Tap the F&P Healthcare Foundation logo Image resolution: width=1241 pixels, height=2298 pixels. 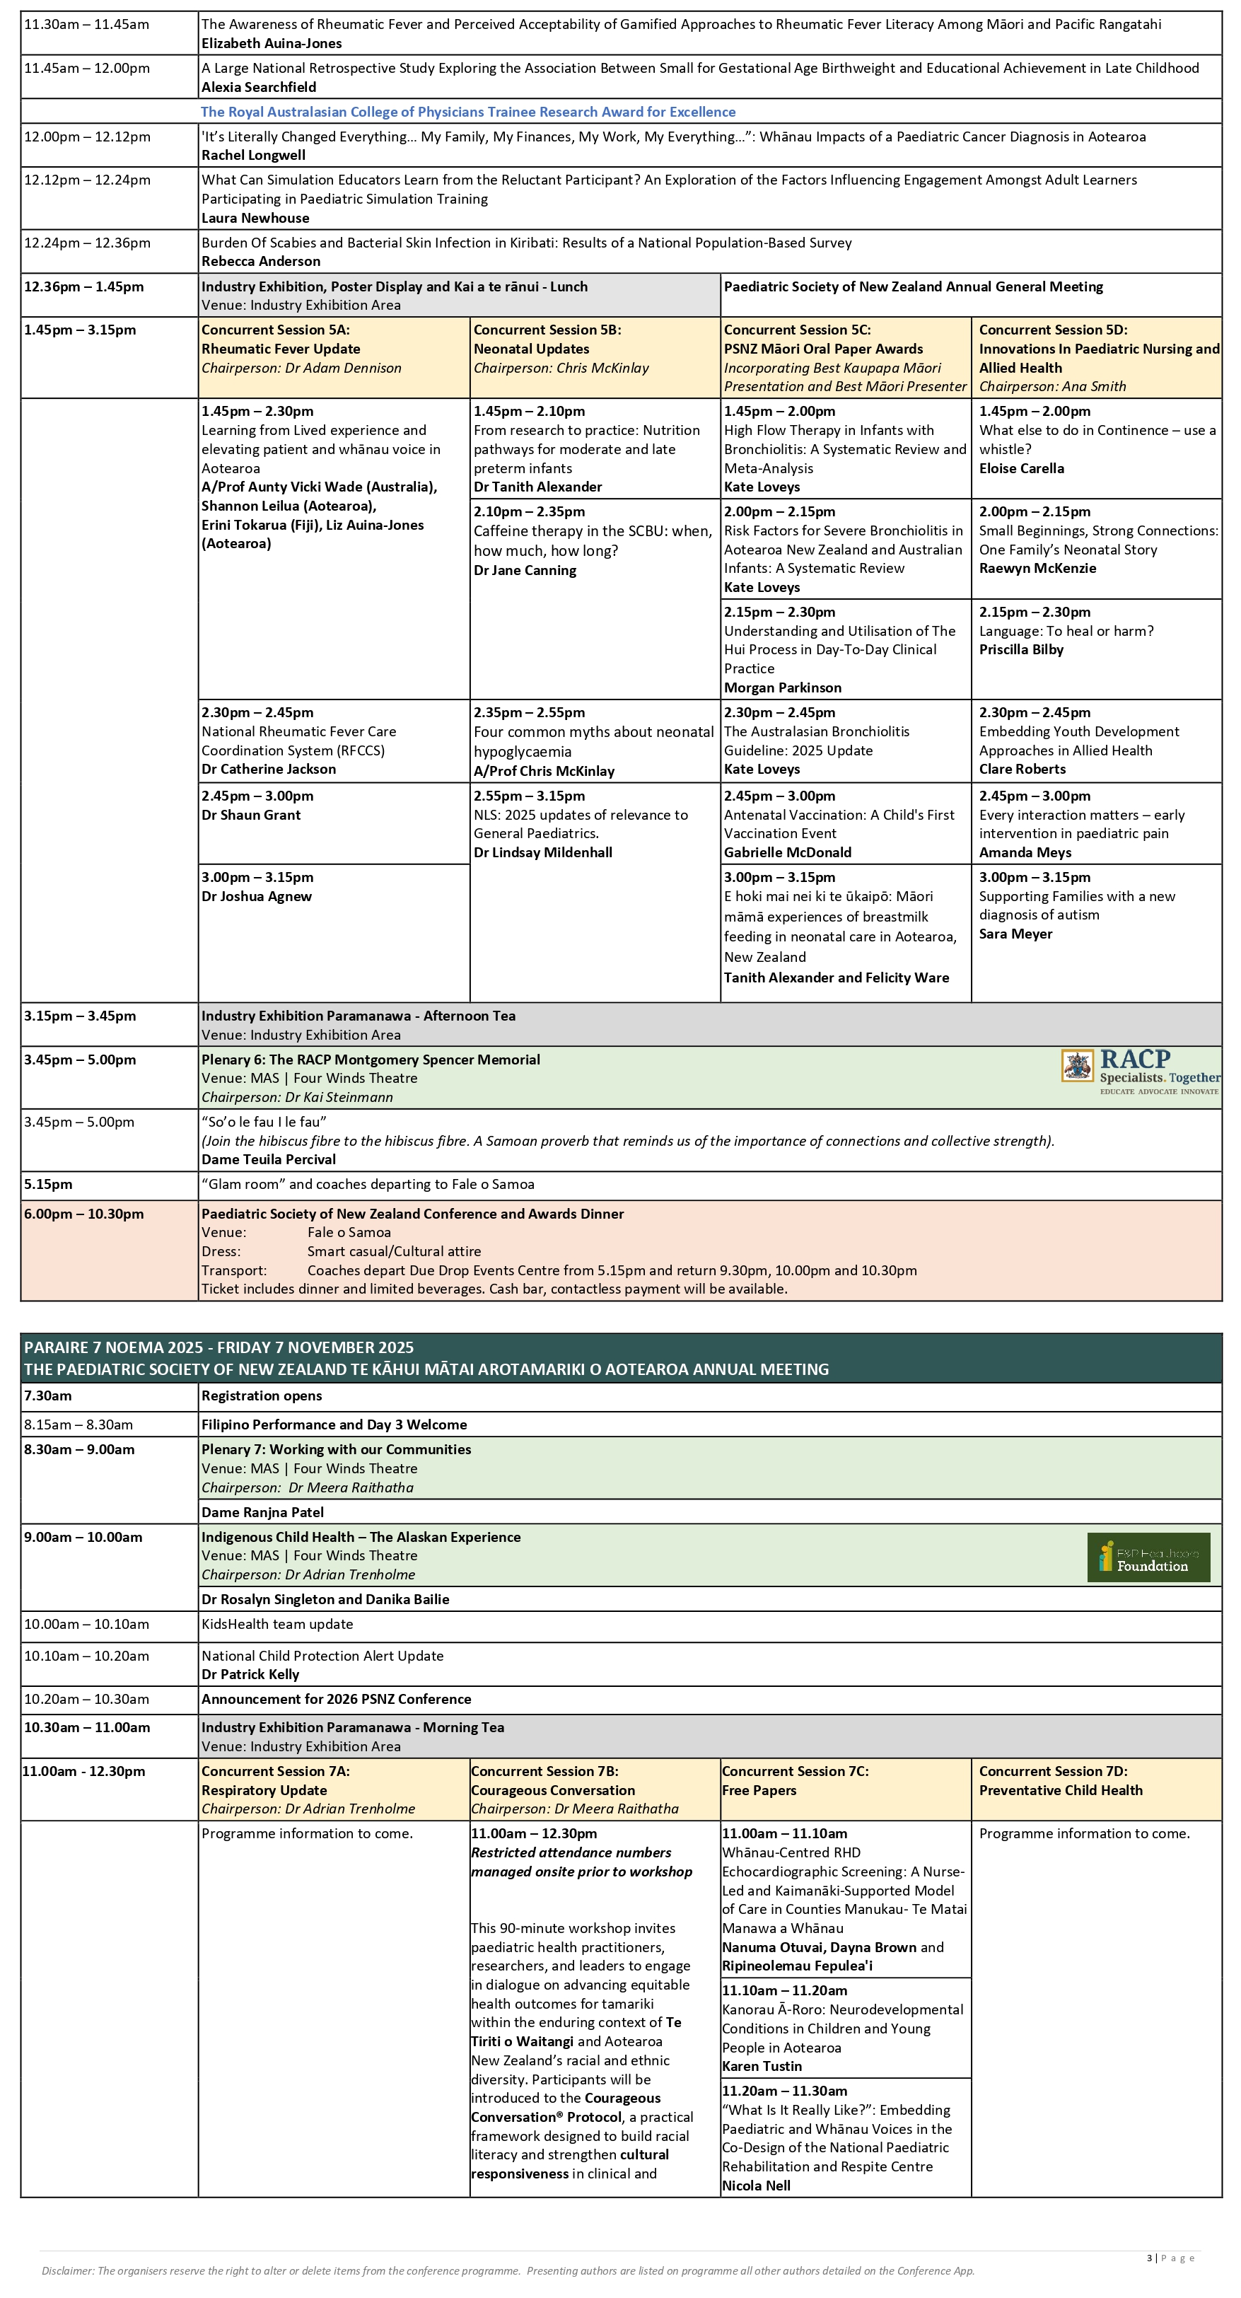point(1148,1557)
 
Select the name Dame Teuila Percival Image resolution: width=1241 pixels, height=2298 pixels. point(269,1160)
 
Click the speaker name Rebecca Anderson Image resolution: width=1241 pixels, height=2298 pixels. point(260,262)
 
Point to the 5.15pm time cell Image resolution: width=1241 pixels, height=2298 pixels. point(48,1185)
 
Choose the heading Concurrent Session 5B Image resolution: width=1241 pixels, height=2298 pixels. point(547,330)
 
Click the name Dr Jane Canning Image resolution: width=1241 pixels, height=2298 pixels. point(525,571)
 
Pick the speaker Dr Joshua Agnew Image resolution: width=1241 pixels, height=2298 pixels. point(256,897)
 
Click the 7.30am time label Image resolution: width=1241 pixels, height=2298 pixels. point(48,1396)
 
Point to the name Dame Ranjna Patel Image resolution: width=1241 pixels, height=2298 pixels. point(262,1512)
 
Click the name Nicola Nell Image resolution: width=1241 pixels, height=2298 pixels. point(756,2186)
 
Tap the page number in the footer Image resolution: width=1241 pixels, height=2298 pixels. point(1149,2258)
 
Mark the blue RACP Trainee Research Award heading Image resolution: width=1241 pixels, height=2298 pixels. point(467,112)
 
